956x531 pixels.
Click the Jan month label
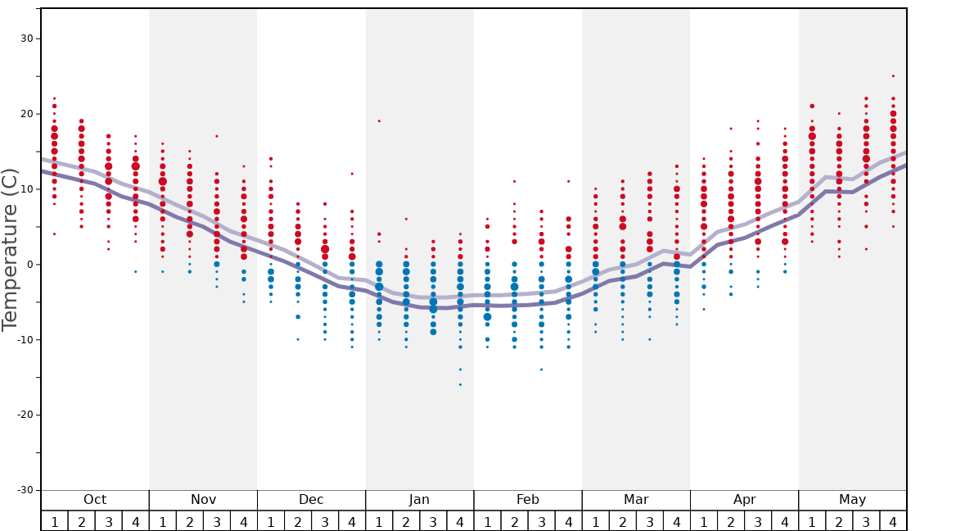[x=419, y=500]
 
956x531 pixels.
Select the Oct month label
[x=95, y=500]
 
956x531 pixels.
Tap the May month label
[x=852, y=500]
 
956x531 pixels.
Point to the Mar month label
[x=636, y=500]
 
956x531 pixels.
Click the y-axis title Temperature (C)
[x=10, y=249]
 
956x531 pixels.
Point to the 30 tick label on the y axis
[x=25, y=39]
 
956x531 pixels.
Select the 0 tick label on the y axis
[x=28, y=264]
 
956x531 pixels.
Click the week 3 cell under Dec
[x=325, y=522]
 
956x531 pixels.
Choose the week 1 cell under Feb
[x=487, y=522]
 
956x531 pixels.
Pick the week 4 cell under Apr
[x=785, y=522]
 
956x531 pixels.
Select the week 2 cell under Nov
[x=190, y=522]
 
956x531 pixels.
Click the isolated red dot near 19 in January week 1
[x=379, y=121]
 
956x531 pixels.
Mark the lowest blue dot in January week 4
[x=460, y=384]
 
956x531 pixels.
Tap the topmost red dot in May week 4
[x=893, y=76]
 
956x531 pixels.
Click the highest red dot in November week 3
[x=217, y=136]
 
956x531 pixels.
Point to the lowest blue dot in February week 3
[x=541, y=370]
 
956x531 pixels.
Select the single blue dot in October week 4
[x=136, y=271]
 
